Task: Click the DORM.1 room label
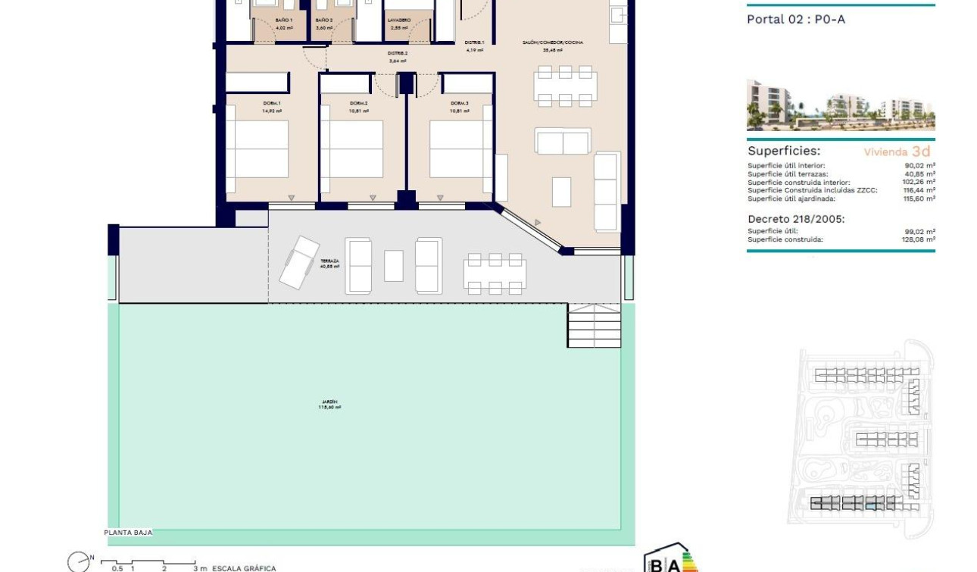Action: pyautogui.click(x=271, y=103)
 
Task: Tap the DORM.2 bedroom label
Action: pyautogui.click(x=359, y=103)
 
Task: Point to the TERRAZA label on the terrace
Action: pyautogui.click(x=329, y=261)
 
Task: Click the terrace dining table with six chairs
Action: pyautogui.click(x=495, y=273)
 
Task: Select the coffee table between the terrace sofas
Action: pyautogui.click(x=394, y=266)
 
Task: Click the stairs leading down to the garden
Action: pyautogui.click(x=595, y=326)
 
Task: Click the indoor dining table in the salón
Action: pyautogui.click(x=565, y=86)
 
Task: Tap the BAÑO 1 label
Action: pyautogui.click(x=284, y=20)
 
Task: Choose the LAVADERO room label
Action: pyautogui.click(x=399, y=20)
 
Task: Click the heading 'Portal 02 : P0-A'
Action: pyautogui.click(x=796, y=20)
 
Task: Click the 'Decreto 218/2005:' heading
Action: pyautogui.click(x=796, y=219)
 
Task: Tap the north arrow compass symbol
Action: pyautogui.click(x=78, y=562)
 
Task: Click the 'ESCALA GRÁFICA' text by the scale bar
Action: pyautogui.click(x=244, y=568)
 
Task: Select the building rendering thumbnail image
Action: pyautogui.click(x=841, y=105)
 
